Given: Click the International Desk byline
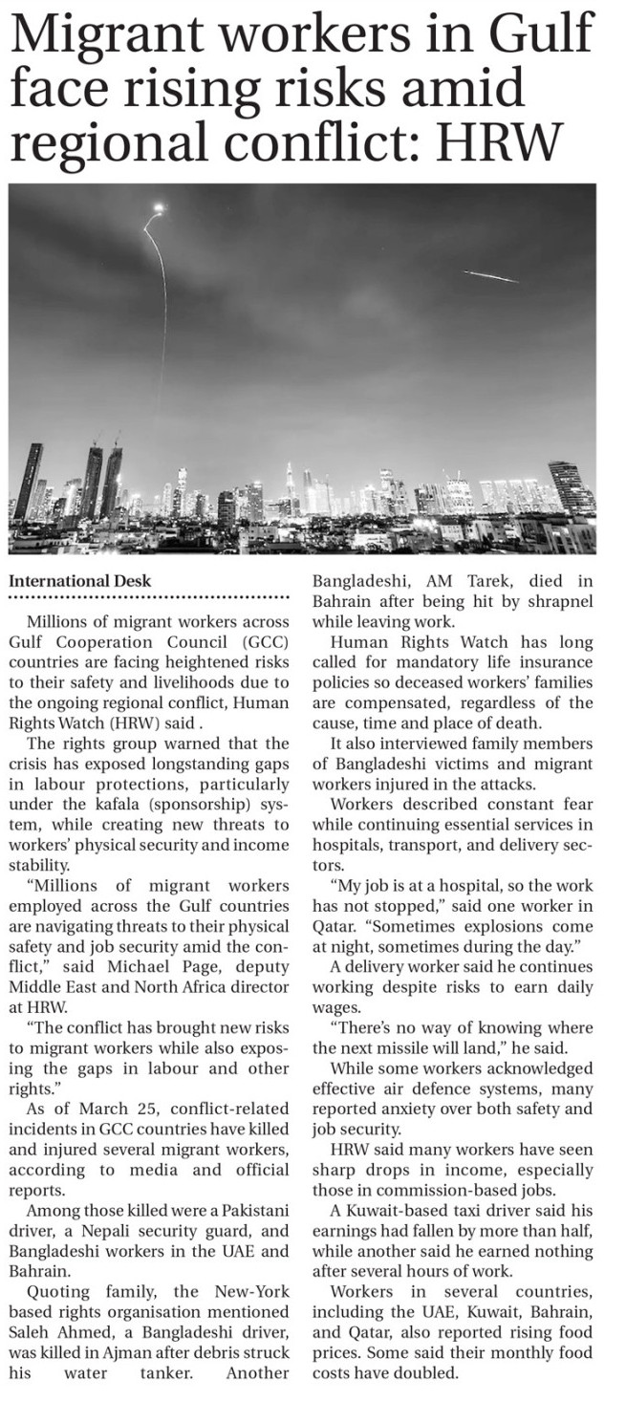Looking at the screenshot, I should coord(79,580).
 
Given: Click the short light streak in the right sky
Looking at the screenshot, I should coord(490,276).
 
